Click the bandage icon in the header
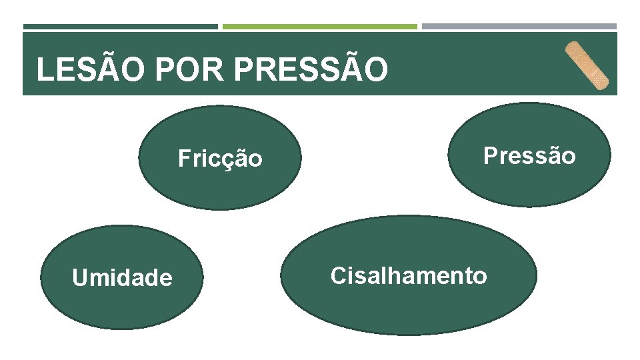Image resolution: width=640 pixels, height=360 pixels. click(x=587, y=65)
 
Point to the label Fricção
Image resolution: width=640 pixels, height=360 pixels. click(x=220, y=159)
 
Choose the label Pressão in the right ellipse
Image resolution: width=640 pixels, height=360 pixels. click(x=529, y=156)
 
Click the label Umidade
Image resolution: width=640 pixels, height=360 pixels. click(x=122, y=277)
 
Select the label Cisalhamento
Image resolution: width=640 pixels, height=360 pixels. click(x=409, y=275)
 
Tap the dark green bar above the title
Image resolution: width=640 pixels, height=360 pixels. click(x=121, y=27)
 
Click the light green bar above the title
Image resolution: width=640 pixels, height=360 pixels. click(x=319, y=27)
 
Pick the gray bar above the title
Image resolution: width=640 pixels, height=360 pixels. click(x=519, y=27)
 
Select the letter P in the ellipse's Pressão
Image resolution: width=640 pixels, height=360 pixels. click(x=491, y=156)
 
